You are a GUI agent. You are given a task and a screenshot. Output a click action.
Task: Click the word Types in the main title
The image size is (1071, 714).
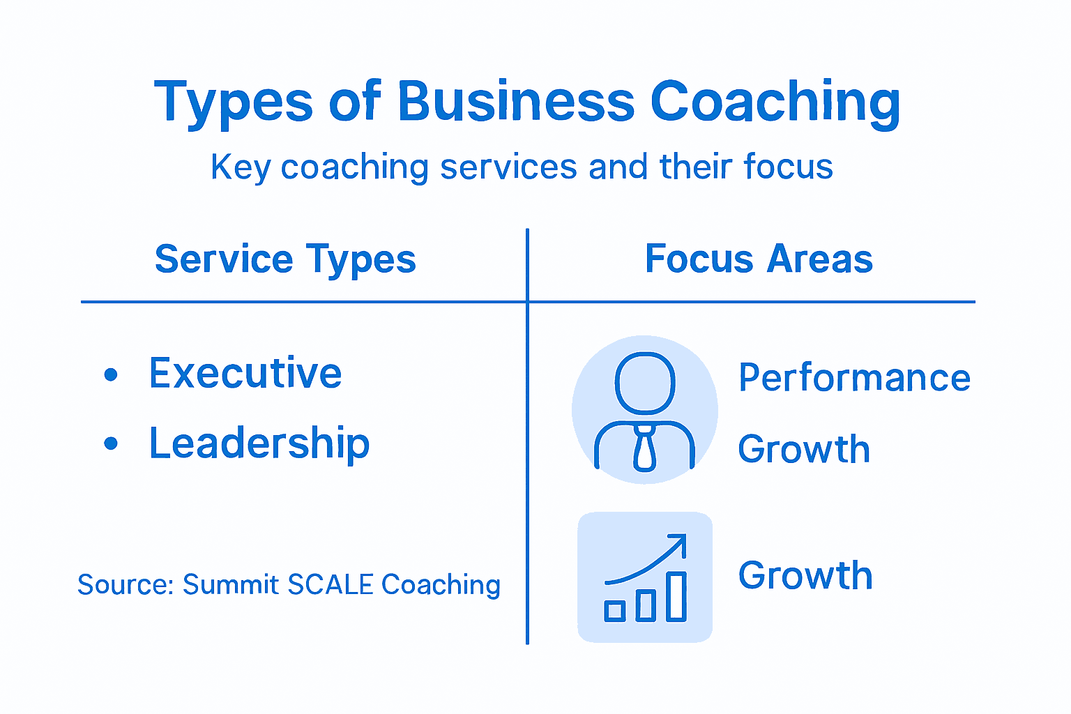[x=233, y=102]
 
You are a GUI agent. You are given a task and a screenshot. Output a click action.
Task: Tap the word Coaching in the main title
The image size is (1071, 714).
[x=775, y=102]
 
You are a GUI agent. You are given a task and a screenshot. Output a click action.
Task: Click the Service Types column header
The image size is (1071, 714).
[x=285, y=259]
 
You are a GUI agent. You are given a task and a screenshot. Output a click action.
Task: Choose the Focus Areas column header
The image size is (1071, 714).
[x=759, y=259]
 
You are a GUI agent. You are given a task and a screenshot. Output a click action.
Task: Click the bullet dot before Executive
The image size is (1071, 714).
[x=111, y=375]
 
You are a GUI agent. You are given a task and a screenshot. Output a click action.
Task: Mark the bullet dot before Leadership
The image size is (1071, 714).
[x=111, y=443]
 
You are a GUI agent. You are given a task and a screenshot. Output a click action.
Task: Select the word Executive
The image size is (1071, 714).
[x=245, y=373]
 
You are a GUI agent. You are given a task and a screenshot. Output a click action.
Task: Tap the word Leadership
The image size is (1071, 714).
[x=259, y=443]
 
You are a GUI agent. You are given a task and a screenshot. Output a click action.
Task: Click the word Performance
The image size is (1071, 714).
[x=854, y=378]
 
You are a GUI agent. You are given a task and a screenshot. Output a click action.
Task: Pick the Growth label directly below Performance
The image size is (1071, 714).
[x=804, y=449]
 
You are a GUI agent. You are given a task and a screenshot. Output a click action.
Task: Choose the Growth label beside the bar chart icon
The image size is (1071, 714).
[x=805, y=576]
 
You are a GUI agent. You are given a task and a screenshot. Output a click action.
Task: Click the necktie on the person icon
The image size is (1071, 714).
[x=645, y=450]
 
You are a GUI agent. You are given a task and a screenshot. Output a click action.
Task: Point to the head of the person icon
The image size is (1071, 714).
[x=645, y=383]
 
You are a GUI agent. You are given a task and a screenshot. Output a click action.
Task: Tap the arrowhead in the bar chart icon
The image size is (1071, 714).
[x=678, y=542]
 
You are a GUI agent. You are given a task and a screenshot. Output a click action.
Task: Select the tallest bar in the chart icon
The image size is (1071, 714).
[x=676, y=596]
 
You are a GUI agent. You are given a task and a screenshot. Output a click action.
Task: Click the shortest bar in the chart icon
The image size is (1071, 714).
[x=614, y=611]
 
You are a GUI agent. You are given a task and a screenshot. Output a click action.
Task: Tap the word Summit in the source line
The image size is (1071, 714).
[x=230, y=585]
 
